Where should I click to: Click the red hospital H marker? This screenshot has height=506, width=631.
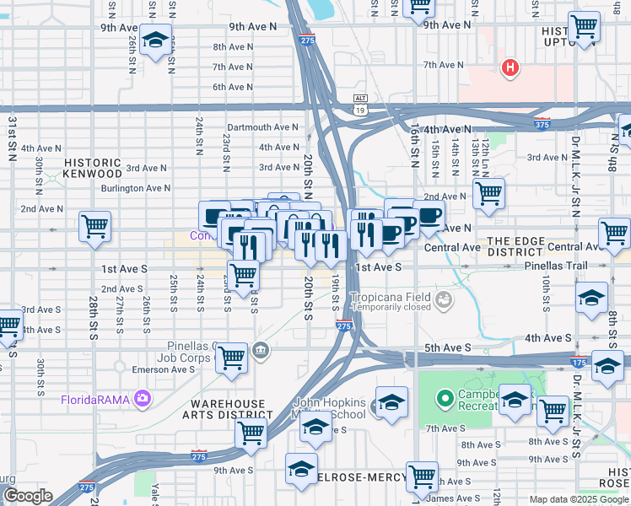(x=510, y=67)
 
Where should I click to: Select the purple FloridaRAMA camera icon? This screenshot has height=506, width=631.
(x=143, y=397)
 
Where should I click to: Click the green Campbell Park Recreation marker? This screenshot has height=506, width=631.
(x=444, y=396)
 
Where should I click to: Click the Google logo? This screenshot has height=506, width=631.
(x=28, y=496)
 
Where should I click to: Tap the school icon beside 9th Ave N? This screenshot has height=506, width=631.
(x=155, y=40)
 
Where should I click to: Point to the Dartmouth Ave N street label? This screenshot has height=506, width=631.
(x=263, y=127)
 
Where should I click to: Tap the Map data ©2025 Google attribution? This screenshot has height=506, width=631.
(x=579, y=499)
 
